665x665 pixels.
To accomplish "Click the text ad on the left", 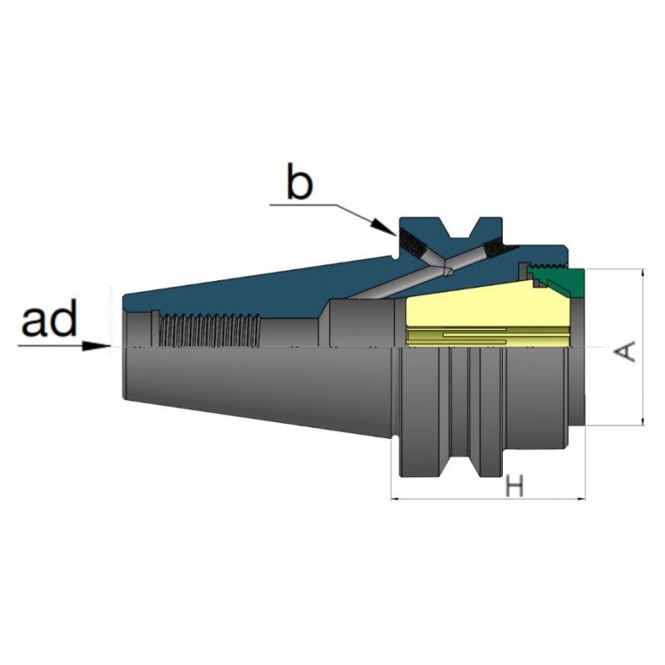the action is (x=50, y=318).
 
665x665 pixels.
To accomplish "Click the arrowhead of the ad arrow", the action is (x=96, y=346).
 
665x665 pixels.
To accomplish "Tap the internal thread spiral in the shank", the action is (x=209, y=330).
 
